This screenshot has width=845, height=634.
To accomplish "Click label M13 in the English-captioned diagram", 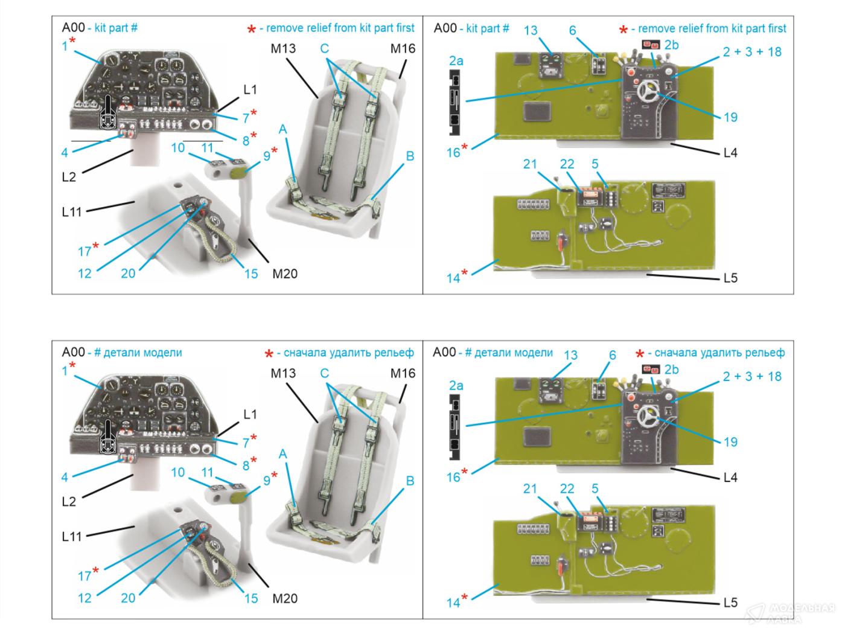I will click(282, 48).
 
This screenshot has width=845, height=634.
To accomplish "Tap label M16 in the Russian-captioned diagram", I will click(403, 373).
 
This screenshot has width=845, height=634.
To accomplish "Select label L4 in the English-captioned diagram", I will click(730, 153).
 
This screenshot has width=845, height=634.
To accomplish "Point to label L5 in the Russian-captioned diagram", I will click(730, 603).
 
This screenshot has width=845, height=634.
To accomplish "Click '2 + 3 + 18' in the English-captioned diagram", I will click(752, 52).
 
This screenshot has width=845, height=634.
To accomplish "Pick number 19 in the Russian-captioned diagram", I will click(730, 442).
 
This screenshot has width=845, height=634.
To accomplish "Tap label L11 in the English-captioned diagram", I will click(71, 212).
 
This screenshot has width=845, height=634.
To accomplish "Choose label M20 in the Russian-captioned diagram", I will click(285, 598).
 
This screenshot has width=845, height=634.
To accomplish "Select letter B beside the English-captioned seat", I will click(410, 156).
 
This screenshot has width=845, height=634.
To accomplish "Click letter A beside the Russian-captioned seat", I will click(282, 454).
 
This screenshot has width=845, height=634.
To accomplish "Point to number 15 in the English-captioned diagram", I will click(250, 274).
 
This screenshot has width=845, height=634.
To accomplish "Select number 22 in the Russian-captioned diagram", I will click(567, 488).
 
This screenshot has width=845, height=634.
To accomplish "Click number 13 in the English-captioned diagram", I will click(531, 30).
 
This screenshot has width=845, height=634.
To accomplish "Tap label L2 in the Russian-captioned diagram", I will click(69, 501).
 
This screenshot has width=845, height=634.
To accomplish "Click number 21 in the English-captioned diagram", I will click(529, 164).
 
